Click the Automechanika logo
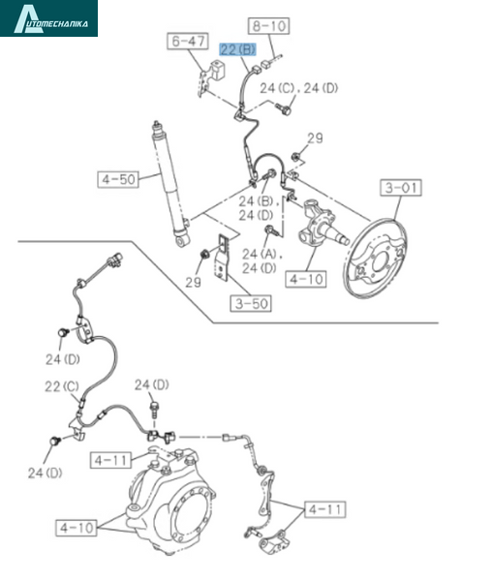click(x=49, y=18)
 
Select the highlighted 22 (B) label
click(x=238, y=49)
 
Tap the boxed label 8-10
click(x=269, y=26)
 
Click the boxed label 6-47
click(x=188, y=41)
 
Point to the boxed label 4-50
click(x=118, y=179)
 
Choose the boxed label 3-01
click(x=401, y=188)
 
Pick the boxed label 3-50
click(x=251, y=303)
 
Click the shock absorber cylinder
click(x=170, y=184)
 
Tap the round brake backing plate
click(x=378, y=259)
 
